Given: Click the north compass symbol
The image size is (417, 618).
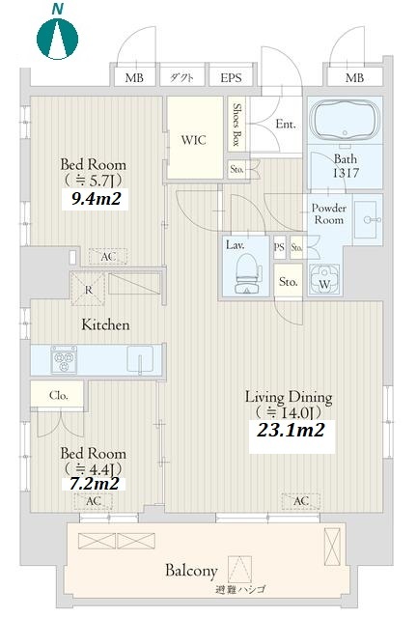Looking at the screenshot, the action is tap(58, 39).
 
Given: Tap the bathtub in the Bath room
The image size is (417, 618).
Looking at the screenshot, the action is tap(345, 120).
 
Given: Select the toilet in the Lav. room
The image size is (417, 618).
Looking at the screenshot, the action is tap(247, 273).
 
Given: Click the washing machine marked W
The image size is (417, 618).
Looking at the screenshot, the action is tap(324, 279).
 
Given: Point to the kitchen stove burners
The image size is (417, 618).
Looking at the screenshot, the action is tap(64, 359).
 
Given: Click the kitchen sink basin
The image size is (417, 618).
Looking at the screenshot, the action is tap(140, 358).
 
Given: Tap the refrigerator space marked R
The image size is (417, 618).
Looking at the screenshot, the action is tap(88, 290).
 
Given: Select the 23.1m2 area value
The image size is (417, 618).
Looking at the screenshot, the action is tap(291, 430).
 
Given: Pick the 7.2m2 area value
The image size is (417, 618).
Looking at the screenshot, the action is tap(94, 484).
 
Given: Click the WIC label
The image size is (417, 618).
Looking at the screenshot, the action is tap(193, 140).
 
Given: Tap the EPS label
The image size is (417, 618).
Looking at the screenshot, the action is tap(231, 77).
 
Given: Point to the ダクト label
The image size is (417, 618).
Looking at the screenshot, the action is tap(181, 77).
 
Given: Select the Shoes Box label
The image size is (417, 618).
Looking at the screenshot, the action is tap(236, 125).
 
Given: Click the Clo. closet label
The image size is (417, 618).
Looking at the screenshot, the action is tap(59, 395).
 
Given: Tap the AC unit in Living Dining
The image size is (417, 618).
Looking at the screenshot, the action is tap(301, 501).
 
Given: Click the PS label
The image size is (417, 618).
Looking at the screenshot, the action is tap(279, 247).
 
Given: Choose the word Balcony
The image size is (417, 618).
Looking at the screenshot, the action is tap(191, 571).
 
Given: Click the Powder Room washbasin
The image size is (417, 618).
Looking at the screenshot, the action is tap(368, 220).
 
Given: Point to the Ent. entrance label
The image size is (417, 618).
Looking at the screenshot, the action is tap(286, 125).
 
